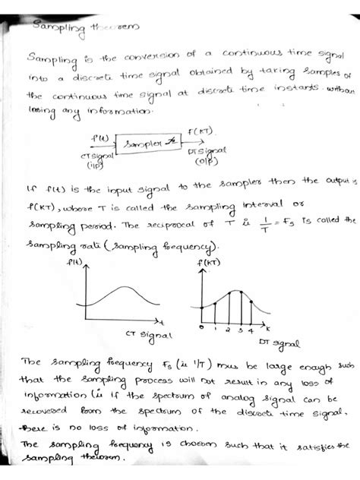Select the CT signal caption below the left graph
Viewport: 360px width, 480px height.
tap(149, 334)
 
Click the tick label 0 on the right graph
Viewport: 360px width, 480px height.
tap(200, 327)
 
